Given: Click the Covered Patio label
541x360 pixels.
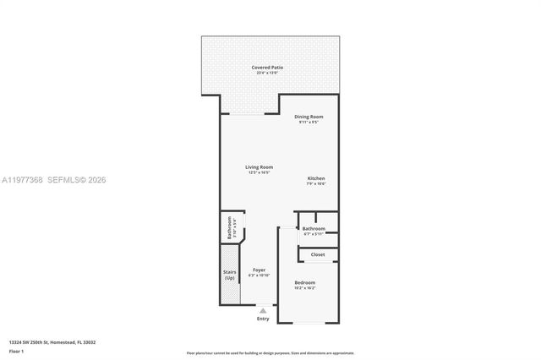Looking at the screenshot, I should click(x=268, y=67).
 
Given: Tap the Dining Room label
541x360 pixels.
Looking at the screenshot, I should click(x=309, y=117).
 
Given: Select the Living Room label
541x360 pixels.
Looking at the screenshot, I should click(x=260, y=166).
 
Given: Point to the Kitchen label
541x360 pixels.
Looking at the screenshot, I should click(x=316, y=178).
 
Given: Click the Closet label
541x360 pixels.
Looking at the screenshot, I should click(x=318, y=254).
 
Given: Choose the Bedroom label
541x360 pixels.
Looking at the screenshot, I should click(x=305, y=282).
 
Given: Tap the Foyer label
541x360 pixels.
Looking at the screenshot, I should click(x=260, y=270).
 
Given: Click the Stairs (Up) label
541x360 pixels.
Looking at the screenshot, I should click(x=229, y=275).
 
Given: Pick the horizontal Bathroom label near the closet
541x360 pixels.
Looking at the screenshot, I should click(x=314, y=228).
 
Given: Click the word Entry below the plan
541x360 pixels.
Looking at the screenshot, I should click(x=263, y=319).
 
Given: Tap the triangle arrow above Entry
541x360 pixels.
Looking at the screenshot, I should click(x=263, y=310).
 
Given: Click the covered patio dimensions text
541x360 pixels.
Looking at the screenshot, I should click(x=268, y=73).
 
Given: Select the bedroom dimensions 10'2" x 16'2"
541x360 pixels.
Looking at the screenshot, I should click(x=305, y=288).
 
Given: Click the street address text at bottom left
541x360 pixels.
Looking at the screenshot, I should click(x=52, y=341).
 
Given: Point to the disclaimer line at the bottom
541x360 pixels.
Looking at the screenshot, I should click(x=270, y=352).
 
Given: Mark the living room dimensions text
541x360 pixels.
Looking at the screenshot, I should click(x=260, y=172).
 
